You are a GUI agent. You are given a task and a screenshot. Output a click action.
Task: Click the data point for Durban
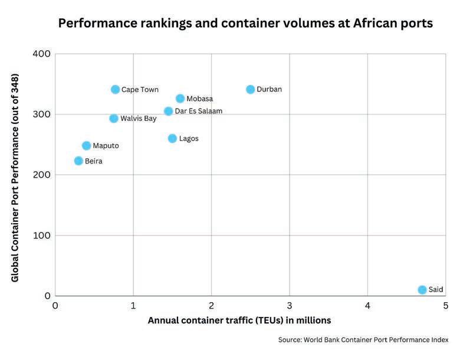pos(251,90)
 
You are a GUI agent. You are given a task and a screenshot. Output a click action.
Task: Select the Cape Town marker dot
pos(115,90)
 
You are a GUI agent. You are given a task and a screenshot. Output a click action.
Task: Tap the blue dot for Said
pos(422,290)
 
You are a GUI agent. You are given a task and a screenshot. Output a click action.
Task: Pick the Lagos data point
pos(172,139)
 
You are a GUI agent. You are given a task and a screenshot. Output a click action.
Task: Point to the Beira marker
pos(78,161)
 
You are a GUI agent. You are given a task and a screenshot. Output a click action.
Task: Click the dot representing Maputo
pos(86,146)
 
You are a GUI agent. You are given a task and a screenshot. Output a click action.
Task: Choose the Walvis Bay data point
pos(114,119)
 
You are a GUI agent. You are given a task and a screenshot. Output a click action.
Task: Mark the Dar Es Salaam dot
pos(168,111)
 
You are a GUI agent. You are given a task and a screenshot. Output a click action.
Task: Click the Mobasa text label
pos(199,99)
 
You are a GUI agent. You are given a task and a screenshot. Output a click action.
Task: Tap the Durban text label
pos(269,90)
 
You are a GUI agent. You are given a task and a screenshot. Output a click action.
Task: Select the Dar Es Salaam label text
pos(199,111)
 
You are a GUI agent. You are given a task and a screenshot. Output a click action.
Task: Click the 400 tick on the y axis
pos(44,54)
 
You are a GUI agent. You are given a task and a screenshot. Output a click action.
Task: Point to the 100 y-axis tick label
pos(44,235)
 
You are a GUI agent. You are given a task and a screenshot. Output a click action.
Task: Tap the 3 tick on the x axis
pos(290,306)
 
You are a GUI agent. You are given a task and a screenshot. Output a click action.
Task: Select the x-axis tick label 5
pos(446,306)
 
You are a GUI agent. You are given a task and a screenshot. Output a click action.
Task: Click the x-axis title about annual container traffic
pos(239,320)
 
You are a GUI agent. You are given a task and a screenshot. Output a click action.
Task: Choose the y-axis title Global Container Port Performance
pos(16,177)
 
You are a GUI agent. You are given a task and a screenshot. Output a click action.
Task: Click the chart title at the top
pos(245,24)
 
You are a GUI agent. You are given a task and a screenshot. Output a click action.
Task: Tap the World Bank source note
pos(363,340)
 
